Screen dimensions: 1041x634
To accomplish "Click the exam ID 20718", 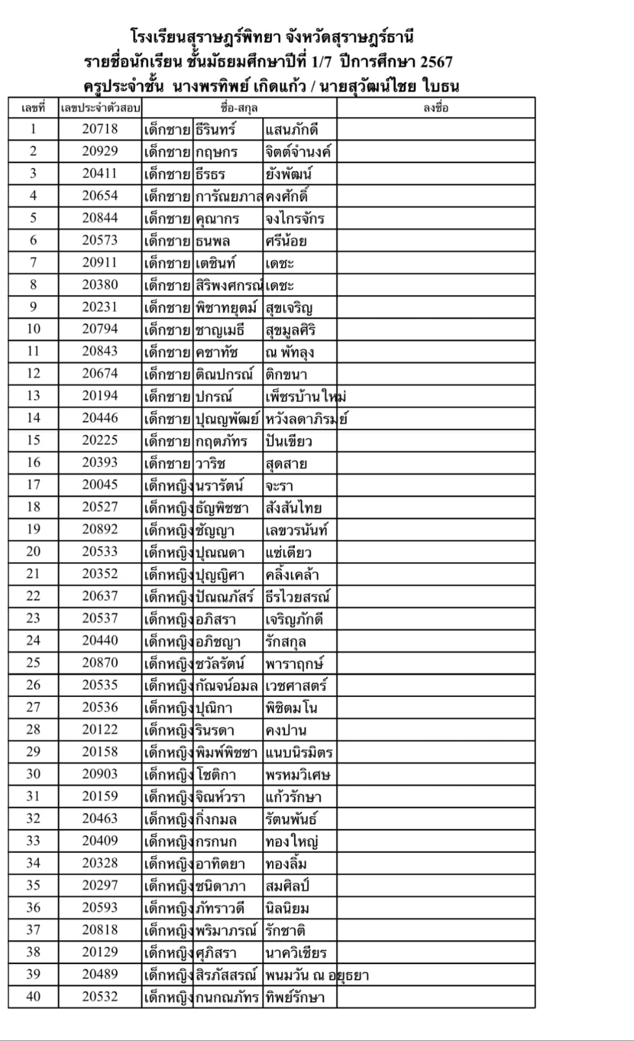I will point(100,129).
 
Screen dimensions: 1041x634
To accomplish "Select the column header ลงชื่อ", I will point(435,108).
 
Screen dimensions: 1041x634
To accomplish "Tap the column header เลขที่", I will point(33,108).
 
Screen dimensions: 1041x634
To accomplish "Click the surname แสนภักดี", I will point(292,129).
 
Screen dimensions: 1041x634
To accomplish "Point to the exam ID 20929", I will point(100,151).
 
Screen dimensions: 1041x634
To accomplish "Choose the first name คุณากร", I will point(217,219).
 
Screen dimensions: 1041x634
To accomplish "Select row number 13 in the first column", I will point(33,396).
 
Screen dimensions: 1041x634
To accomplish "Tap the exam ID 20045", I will point(100,485).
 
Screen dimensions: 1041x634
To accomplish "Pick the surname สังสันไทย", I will point(293,507).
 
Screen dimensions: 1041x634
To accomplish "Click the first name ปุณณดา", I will point(220,552).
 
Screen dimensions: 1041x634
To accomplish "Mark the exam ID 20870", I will point(100,662).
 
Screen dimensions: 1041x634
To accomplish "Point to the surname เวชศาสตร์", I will point(296,685).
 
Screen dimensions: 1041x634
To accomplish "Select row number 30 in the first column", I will point(33,774).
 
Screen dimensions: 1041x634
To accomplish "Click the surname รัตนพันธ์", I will point(291,818).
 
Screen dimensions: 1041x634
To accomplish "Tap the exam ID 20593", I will point(100,907).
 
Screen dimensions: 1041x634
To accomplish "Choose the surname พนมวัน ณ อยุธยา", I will point(316,975).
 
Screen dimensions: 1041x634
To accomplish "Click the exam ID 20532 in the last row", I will point(100,996).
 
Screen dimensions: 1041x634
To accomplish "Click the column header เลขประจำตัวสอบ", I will point(100,108).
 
